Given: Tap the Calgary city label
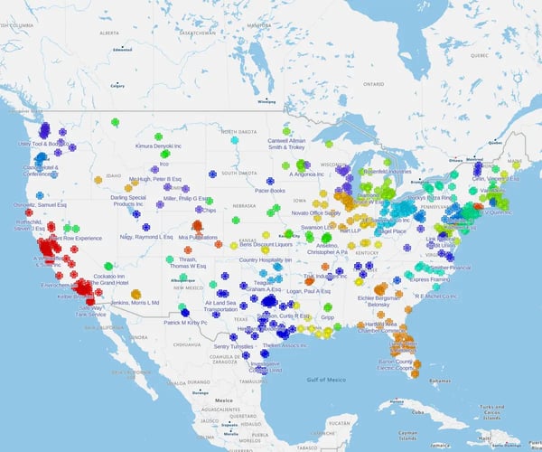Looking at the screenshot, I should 117,87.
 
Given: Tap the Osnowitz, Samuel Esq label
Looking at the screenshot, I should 36,204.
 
